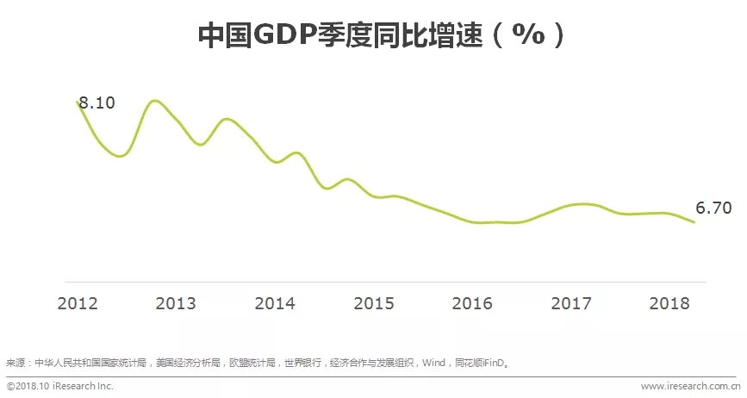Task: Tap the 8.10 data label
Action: tap(96, 103)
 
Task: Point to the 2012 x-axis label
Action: tap(78, 303)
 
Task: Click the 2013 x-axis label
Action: tap(176, 303)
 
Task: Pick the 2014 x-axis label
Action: tap(275, 303)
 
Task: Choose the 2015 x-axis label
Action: tap(374, 303)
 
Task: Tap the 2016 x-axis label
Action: tap(472, 303)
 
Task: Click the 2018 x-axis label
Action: tap(669, 303)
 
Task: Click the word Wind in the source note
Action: tap(433, 363)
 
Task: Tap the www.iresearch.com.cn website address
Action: tap(689, 387)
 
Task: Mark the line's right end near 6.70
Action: tap(694, 222)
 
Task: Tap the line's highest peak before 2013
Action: tap(154, 101)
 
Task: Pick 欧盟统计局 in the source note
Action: tap(252, 363)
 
